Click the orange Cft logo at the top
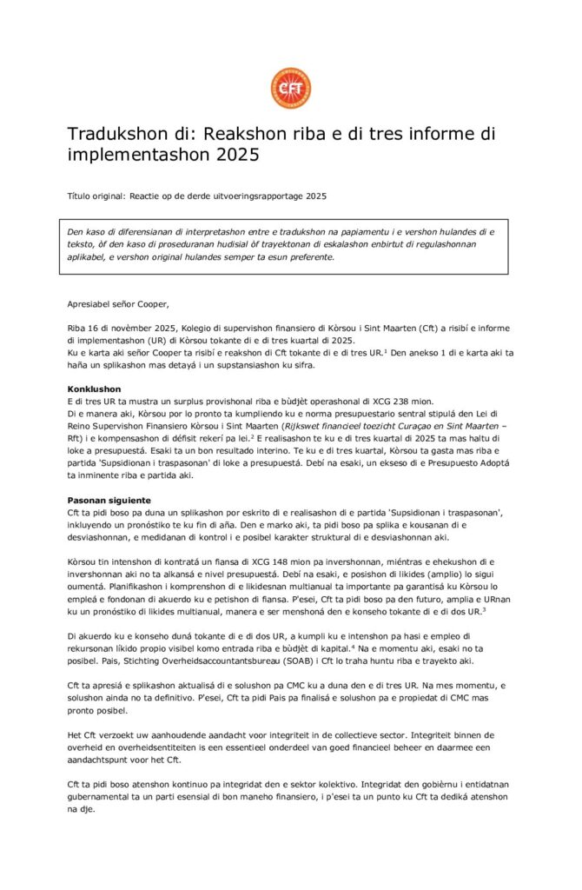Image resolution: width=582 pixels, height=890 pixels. (290, 88)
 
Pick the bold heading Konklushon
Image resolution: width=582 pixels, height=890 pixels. (94, 389)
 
